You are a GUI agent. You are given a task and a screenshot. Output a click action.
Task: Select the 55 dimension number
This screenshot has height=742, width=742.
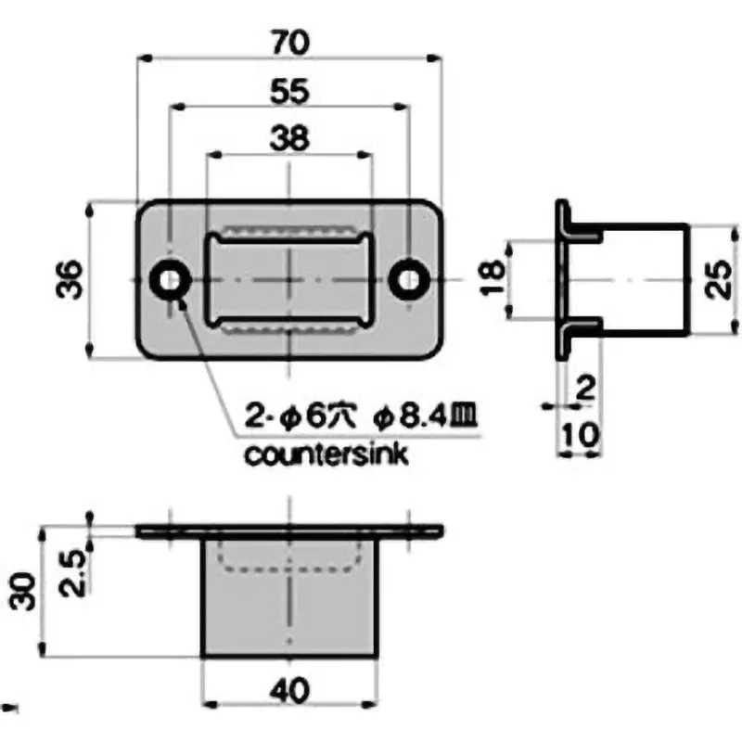[289, 91]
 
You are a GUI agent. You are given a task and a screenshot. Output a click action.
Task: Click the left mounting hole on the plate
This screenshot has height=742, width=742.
[171, 279]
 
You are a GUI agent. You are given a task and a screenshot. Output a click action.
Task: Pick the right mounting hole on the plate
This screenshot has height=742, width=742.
[408, 279]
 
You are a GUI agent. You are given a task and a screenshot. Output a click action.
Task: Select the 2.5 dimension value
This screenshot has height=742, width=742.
[77, 572]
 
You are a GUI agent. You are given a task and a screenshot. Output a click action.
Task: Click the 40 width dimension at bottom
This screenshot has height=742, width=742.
[292, 691]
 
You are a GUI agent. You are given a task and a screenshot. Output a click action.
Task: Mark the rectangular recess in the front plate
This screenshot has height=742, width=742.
[288, 279]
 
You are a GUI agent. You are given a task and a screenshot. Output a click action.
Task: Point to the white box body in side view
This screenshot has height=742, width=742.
[640, 279]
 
